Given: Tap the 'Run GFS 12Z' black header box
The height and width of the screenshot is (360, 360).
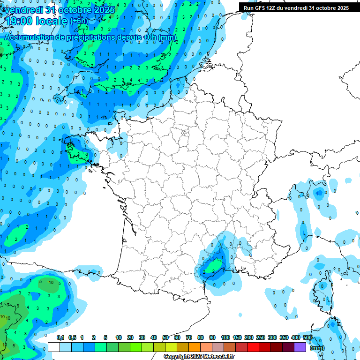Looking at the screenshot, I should click(x=296, y=7).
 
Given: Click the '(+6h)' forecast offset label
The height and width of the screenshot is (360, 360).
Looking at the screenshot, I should click(x=79, y=21).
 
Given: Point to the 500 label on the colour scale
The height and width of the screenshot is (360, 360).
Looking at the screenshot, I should click(x=307, y=338).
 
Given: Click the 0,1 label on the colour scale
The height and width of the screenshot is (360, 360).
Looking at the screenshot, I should click(x=60, y=338).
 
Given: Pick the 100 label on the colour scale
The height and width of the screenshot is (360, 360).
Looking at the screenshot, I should click(x=225, y=338).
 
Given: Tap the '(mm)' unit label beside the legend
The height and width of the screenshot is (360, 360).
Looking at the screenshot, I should click(x=317, y=348).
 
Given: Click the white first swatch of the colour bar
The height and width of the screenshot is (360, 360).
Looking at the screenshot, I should click(x=54, y=347).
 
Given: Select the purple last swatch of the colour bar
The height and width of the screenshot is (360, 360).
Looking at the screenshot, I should click(x=300, y=347).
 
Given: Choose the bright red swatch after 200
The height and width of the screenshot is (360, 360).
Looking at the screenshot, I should click(x=253, y=347).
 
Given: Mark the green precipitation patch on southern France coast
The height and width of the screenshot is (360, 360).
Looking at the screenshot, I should click(x=215, y=266).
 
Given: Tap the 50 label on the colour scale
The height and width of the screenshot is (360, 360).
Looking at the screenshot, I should click(x=165, y=338).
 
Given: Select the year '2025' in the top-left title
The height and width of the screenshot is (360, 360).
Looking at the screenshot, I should click(x=101, y=10).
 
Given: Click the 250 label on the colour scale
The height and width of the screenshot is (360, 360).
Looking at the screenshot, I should click(x=261, y=338).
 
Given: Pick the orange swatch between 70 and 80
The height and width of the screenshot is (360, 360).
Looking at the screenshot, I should click(x=195, y=347).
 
